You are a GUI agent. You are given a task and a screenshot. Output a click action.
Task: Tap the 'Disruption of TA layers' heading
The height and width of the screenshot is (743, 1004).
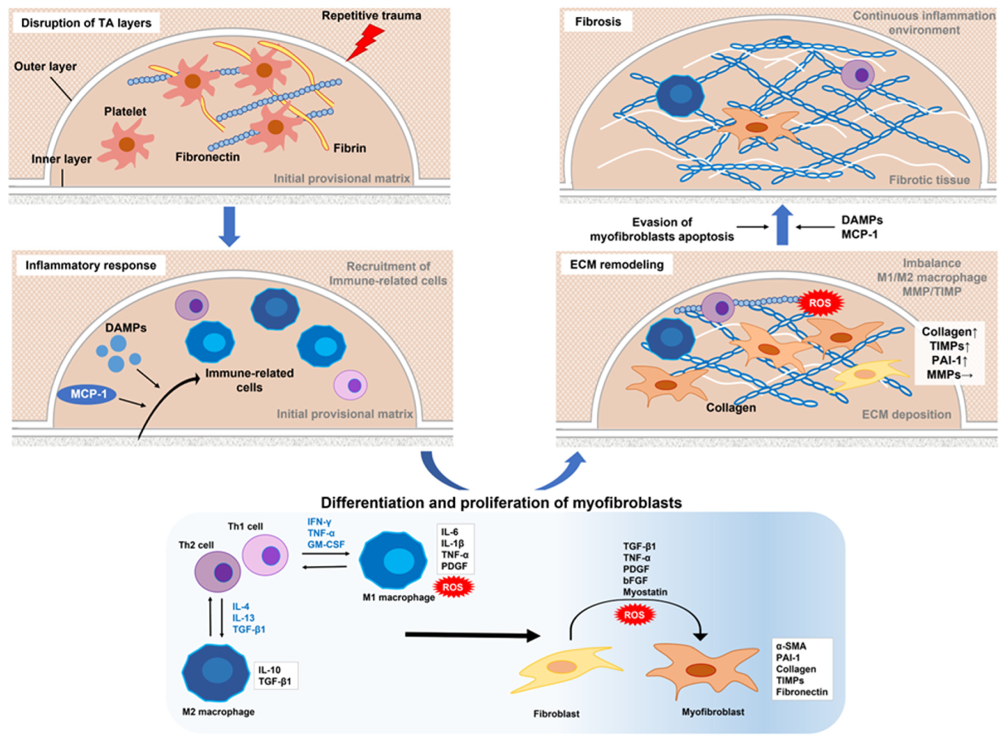pos(86,23)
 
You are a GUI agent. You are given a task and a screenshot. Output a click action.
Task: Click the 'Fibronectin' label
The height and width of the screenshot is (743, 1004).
pos(207,157)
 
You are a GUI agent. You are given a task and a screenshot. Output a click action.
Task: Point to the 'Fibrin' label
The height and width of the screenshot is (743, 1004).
pos(350,148)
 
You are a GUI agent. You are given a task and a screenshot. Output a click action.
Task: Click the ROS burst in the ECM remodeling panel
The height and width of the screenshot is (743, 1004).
pos(820,303)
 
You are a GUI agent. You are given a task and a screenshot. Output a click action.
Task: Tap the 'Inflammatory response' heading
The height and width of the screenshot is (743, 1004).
pos(90,265)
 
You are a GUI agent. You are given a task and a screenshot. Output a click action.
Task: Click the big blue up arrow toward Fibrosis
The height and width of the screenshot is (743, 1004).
pos(783,225)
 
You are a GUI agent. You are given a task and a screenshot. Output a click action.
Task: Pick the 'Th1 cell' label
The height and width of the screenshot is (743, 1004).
pos(245,526)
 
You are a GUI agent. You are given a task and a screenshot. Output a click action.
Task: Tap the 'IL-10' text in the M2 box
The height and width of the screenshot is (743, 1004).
pos(270,670)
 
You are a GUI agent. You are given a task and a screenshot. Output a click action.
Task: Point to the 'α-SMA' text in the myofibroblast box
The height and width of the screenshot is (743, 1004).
pos(791,646)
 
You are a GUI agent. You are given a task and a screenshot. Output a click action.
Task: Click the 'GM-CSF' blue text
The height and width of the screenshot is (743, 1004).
pos(326,544)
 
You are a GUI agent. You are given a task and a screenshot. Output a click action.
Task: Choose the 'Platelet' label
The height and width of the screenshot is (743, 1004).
pos(125,112)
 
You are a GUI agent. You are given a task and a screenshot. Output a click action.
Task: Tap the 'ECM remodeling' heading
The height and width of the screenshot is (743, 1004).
pos(617,264)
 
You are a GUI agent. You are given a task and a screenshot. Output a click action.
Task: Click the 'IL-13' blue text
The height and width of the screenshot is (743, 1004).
pos(244,618)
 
